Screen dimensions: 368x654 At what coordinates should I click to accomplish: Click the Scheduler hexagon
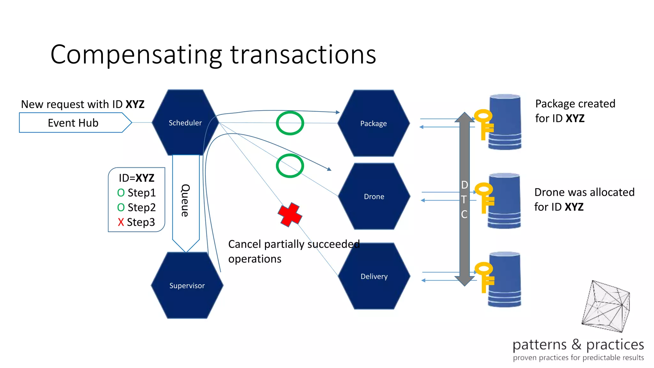pyautogui.click(x=185, y=123)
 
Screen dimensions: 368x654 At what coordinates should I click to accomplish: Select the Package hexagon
pyautogui.click(x=373, y=123)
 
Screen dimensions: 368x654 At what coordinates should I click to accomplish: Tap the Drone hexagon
pyautogui.click(x=374, y=196)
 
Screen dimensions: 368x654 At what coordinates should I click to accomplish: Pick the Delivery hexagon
pyautogui.click(x=374, y=276)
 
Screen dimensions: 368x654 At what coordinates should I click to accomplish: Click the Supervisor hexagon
pyautogui.click(x=187, y=286)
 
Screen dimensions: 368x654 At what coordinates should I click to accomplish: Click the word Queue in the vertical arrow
pyautogui.click(x=186, y=200)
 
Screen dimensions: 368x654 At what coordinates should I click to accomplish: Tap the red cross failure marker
pyautogui.click(x=290, y=215)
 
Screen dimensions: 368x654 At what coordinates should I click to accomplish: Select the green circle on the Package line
pyautogui.click(x=290, y=123)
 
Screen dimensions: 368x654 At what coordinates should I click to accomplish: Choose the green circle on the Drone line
pyautogui.click(x=290, y=166)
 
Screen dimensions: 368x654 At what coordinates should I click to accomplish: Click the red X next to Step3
pyautogui.click(x=121, y=222)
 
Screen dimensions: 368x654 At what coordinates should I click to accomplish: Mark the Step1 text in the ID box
pyautogui.click(x=141, y=193)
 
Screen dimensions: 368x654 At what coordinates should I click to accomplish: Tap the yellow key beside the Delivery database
pyautogui.click(x=484, y=277)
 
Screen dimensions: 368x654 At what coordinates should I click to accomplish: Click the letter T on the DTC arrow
pyautogui.click(x=464, y=200)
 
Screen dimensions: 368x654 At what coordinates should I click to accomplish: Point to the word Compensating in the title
pyautogui.click(x=136, y=55)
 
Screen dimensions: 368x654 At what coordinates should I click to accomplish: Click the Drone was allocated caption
pyautogui.click(x=584, y=199)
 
